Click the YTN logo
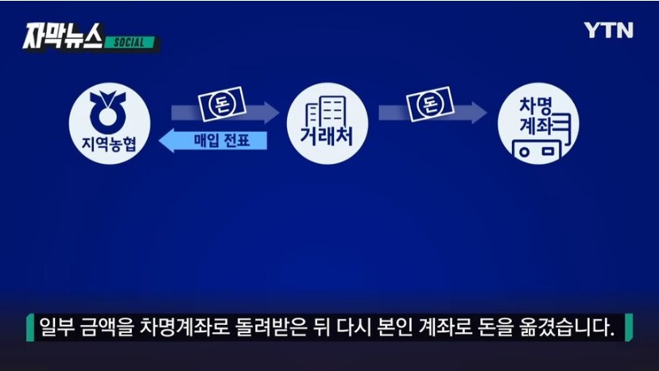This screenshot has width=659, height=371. coord(608,30)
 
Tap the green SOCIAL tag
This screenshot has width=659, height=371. coord(129,43)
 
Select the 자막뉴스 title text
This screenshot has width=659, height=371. coord(63,36)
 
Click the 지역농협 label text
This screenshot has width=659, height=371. coord(109,143)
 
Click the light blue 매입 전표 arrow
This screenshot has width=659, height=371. coord(213,141)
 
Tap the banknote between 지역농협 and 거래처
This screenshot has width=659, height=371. coord(222,103)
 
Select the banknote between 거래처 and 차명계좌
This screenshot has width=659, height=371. coord(430,103)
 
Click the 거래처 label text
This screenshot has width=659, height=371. coord(327,136)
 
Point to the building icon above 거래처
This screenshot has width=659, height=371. coord(327,111)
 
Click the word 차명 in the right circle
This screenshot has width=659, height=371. coord(535,105)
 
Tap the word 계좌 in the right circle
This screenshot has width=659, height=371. coord(536,124)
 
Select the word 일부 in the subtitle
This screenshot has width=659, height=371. coord(57,327)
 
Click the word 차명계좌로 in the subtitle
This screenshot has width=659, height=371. coord(184,327)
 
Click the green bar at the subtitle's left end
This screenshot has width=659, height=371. coord(30,327)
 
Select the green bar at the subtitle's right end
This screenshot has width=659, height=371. coord(629,327)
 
